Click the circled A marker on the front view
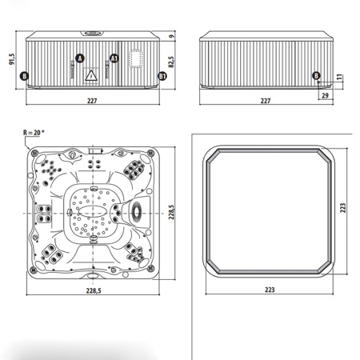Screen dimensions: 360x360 click(x=79, y=58)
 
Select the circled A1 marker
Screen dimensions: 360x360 click(x=114, y=58)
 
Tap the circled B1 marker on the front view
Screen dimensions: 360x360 click(x=162, y=76)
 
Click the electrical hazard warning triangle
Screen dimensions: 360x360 click(x=91, y=74)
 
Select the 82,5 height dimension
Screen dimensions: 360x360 click(x=171, y=61)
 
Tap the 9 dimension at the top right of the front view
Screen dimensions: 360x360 click(x=173, y=36)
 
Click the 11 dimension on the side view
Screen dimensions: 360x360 click(x=339, y=77)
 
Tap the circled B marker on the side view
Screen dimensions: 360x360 click(x=317, y=75)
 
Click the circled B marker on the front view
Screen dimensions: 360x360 click(x=25, y=76)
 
